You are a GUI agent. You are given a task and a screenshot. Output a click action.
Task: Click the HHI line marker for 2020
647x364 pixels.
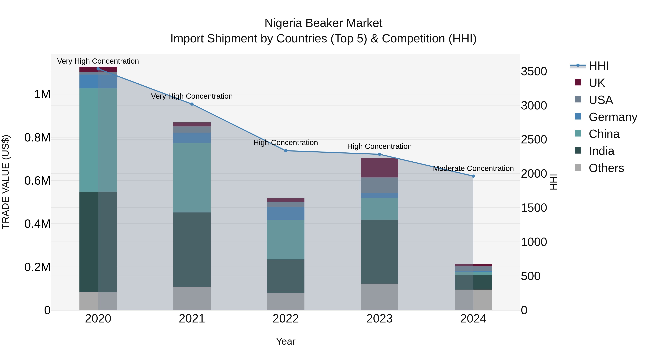[98, 69]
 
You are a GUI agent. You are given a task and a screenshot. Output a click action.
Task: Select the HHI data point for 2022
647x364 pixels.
[286, 151]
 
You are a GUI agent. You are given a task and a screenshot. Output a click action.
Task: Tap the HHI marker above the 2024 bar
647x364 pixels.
[473, 176]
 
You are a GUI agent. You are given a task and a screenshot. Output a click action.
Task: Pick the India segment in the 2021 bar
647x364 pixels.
[192, 249]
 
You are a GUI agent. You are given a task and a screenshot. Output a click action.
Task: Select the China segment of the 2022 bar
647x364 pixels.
[286, 240]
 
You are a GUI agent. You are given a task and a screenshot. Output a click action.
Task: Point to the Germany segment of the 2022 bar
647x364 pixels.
[286, 213]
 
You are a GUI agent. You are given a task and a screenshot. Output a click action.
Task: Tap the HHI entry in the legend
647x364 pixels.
[598, 66]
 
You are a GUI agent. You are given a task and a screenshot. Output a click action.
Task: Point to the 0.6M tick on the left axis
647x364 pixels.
[37, 181]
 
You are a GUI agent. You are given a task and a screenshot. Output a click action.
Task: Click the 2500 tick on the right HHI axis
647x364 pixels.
[534, 139]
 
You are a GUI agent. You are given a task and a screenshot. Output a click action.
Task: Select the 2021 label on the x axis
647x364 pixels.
[192, 319]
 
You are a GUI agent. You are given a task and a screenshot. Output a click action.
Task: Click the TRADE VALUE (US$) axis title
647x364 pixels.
[6, 182]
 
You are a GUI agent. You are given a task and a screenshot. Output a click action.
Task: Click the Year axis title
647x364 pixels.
[286, 341]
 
